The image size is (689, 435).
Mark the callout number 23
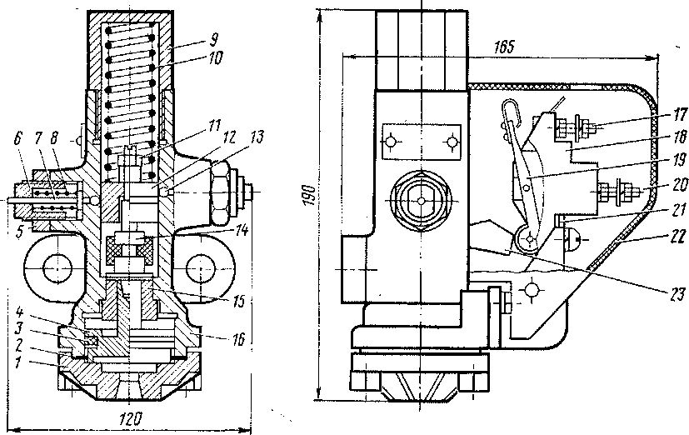pyautogui.click(x=658, y=292)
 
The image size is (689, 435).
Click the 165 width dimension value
pyautogui.click(x=502, y=47)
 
